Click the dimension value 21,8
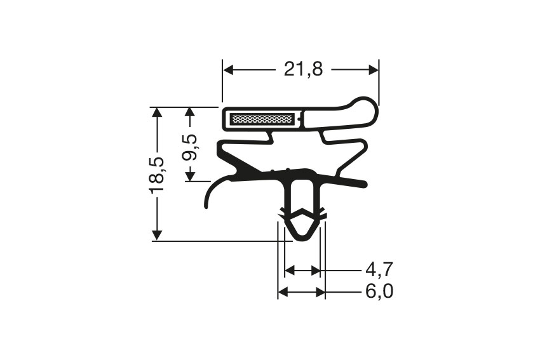[x=303, y=69]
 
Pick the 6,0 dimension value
[x=379, y=292]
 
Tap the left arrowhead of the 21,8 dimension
[x=227, y=69]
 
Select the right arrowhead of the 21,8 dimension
[x=374, y=69]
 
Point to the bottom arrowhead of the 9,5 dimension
[x=189, y=177]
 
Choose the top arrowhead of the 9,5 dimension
[x=189, y=112]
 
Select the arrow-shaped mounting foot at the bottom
[x=302, y=225]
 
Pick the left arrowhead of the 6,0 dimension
[x=283, y=292]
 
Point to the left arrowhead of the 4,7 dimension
[x=290, y=271]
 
